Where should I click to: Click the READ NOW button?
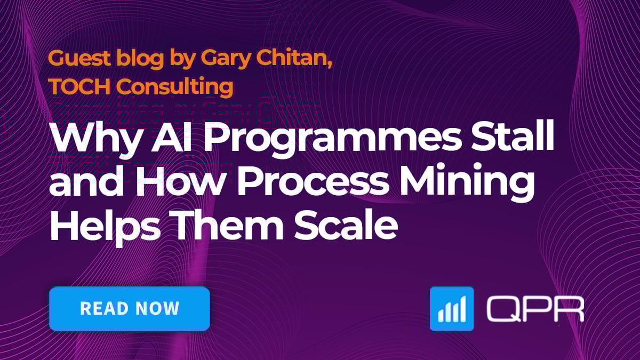pyautogui.click(x=129, y=308)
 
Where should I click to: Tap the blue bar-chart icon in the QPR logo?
pyautogui.click(x=451, y=309)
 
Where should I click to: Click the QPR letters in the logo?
pyautogui.click(x=535, y=309)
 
